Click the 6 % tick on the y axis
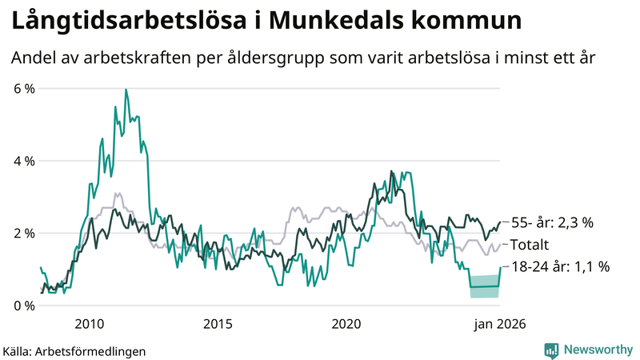tap(24, 88)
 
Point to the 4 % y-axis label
tap(24, 161)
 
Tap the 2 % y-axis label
tap(24, 233)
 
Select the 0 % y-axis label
tap(24, 306)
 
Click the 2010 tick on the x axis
tap(89, 324)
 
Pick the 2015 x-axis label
tap(218, 324)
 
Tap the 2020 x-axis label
tap(346, 324)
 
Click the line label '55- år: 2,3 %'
tap(552, 223)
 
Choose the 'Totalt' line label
tap(530, 245)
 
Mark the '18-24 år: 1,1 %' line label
tap(559, 267)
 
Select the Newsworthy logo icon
tap(552, 350)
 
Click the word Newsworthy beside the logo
tap(596, 350)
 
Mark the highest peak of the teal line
tap(126, 90)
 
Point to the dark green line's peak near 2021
tap(391, 170)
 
